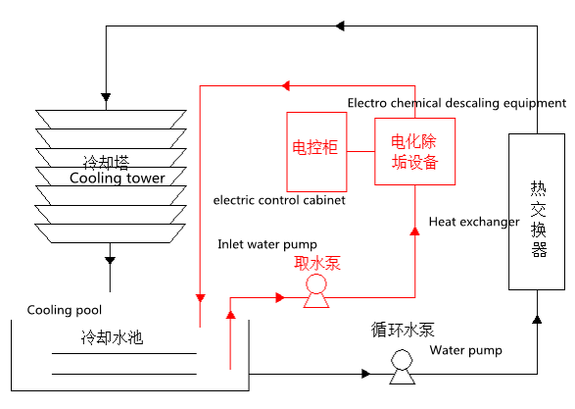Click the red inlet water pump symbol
pyautogui.click(x=316, y=291)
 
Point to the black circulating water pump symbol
pyautogui.click(x=402, y=367)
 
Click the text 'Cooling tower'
pyautogui.click(x=117, y=179)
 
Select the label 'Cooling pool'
pyautogui.click(x=65, y=310)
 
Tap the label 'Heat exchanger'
pyautogui.click(x=474, y=222)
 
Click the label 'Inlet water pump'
pyautogui.click(x=267, y=244)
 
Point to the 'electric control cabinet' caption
pyautogui.click(x=279, y=200)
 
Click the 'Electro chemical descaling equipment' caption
pyautogui.click(x=456, y=103)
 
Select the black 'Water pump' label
pyautogui.click(x=465, y=350)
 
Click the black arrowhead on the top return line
pyautogui.click(x=340, y=26)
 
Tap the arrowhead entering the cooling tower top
pyautogui.click(x=106, y=98)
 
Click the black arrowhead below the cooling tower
pyautogui.click(x=110, y=260)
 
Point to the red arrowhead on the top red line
pyautogui.click(x=286, y=86)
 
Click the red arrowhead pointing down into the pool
pyautogui.click(x=200, y=298)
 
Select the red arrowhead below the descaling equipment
pyautogui.click(x=414, y=230)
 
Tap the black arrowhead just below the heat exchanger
pyautogui.click(x=537, y=320)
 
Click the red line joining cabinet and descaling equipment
pyautogui.click(x=360, y=151)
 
